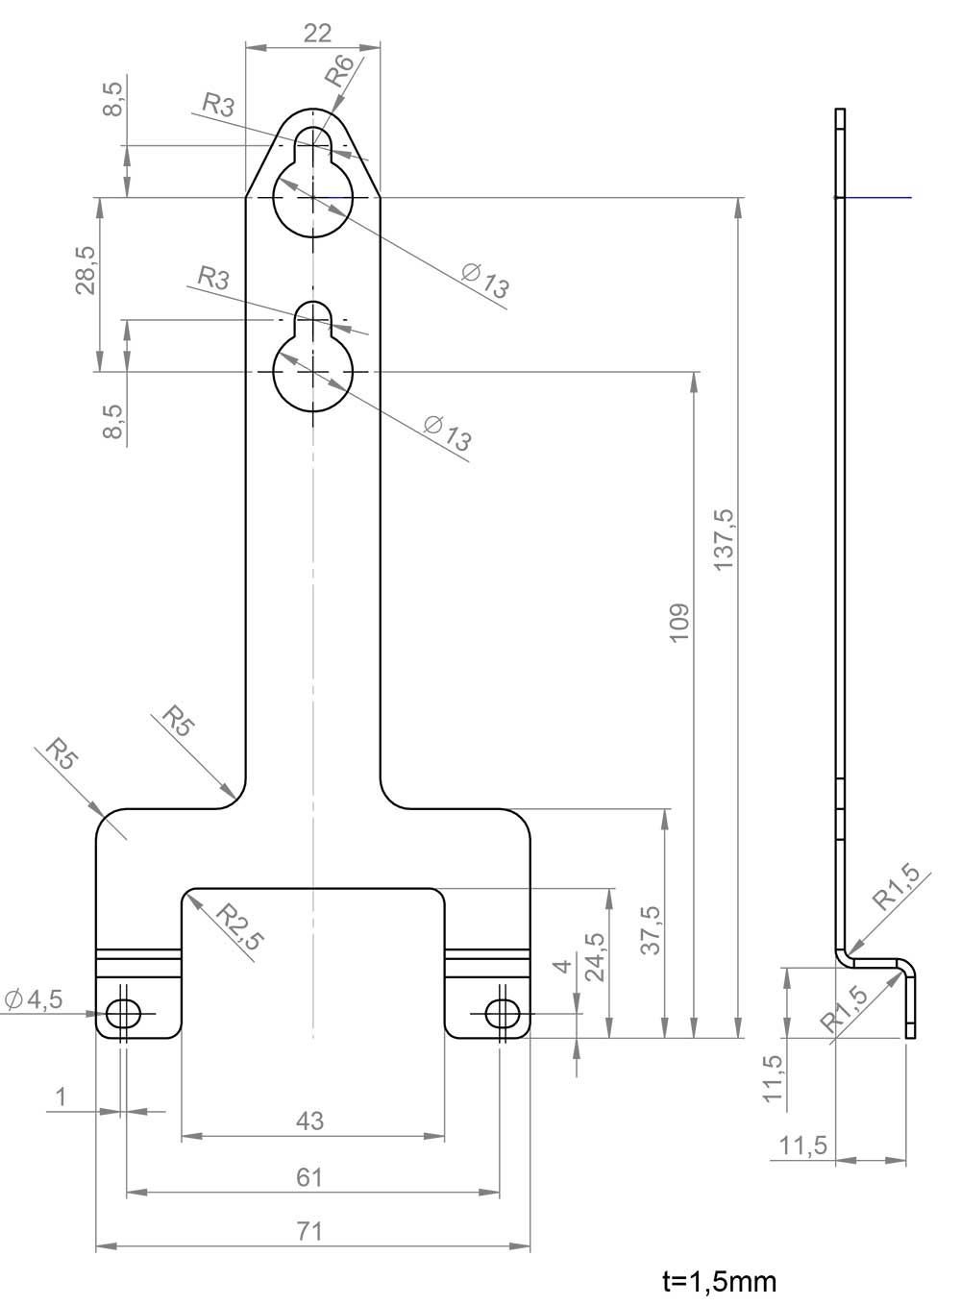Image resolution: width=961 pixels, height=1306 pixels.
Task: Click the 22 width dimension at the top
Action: (317, 33)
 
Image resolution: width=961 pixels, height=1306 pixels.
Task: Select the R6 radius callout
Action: (341, 71)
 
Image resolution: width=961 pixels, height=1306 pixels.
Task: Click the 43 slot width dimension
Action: (310, 1121)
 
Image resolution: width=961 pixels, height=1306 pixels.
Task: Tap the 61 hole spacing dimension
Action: (309, 1177)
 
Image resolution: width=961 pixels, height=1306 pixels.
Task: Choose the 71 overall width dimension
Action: (309, 1231)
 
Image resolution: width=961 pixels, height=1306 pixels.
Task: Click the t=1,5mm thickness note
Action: (719, 1281)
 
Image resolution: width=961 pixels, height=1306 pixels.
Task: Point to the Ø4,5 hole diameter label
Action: (34, 999)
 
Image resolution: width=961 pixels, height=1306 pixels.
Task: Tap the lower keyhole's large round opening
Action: (313, 372)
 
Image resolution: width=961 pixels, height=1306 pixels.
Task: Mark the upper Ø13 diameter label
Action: (485, 280)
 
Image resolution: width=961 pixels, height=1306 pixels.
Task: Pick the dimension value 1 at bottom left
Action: (62, 1097)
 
